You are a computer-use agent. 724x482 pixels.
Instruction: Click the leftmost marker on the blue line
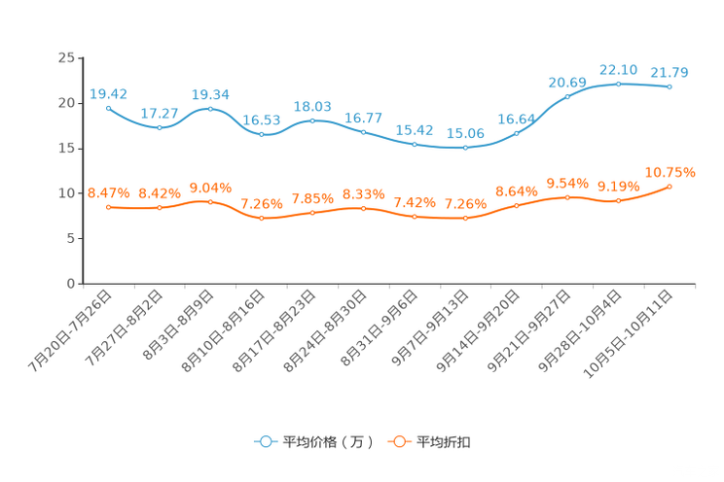[108, 107]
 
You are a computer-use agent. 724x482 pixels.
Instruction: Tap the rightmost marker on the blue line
[670, 87]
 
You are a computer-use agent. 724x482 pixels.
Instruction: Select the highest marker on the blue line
[618, 84]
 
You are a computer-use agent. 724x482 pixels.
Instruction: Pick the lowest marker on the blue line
[465, 148]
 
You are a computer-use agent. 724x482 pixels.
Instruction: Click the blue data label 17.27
[159, 114]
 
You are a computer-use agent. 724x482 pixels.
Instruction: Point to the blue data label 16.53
[261, 120]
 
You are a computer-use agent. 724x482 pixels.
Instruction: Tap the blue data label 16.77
[363, 118]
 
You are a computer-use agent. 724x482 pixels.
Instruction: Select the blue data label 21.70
[670, 72]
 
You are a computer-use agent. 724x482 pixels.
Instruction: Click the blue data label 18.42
[108, 93]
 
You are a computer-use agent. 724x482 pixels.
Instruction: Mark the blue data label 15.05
[465, 134]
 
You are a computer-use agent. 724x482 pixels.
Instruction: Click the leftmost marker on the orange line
[108, 207]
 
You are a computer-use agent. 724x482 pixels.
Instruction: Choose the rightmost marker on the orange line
[670, 186]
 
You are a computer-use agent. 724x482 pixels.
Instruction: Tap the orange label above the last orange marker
[670, 172]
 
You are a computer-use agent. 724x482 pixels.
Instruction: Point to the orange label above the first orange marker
[108, 193]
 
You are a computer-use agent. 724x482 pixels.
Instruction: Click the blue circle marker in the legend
[265, 441]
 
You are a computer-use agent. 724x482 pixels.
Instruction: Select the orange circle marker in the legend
[398, 441]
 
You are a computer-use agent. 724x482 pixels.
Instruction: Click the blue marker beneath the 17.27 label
[160, 127]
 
